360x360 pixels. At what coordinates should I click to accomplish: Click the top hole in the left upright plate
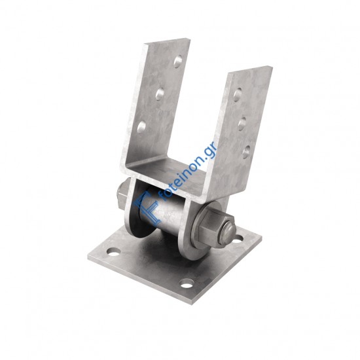click(x=177, y=62)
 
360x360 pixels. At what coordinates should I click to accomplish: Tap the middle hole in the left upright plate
click(x=160, y=94)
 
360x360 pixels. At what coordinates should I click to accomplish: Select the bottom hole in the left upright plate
click(x=141, y=127)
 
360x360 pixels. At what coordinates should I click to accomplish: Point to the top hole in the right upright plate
click(x=238, y=94)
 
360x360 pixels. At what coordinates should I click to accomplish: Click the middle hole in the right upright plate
click(x=242, y=124)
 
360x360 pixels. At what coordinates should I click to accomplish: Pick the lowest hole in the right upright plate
click(x=246, y=152)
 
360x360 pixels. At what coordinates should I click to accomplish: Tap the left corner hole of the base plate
click(x=114, y=252)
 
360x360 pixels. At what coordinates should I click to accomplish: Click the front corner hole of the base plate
click(x=186, y=283)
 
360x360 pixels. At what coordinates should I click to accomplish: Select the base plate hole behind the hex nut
click(x=238, y=239)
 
